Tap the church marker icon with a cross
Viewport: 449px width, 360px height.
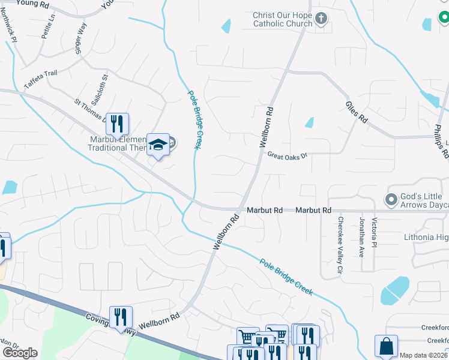click(x=321, y=19)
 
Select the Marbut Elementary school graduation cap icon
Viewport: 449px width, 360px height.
click(x=158, y=145)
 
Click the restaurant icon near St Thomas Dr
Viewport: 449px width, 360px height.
click(x=118, y=124)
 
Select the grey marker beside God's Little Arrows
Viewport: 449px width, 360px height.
click(x=391, y=199)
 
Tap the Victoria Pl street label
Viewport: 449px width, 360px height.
click(x=375, y=232)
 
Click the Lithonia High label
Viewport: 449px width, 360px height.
click(x=426, y=237)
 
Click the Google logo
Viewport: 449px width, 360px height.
click(x=20, y=353)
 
